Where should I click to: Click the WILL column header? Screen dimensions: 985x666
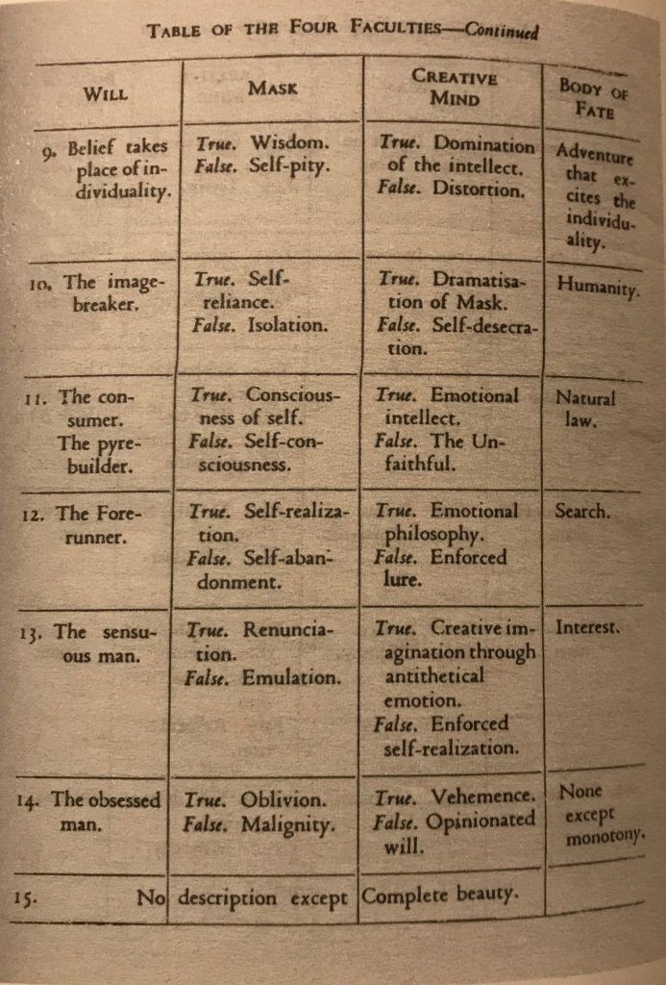(106, 94)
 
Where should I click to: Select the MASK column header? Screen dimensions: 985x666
(272, 88)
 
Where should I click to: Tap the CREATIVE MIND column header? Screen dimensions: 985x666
(454, 86)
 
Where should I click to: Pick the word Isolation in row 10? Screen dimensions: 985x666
(287, 325)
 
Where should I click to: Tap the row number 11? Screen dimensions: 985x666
(40, 396)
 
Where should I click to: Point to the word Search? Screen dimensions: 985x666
(581, 511)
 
